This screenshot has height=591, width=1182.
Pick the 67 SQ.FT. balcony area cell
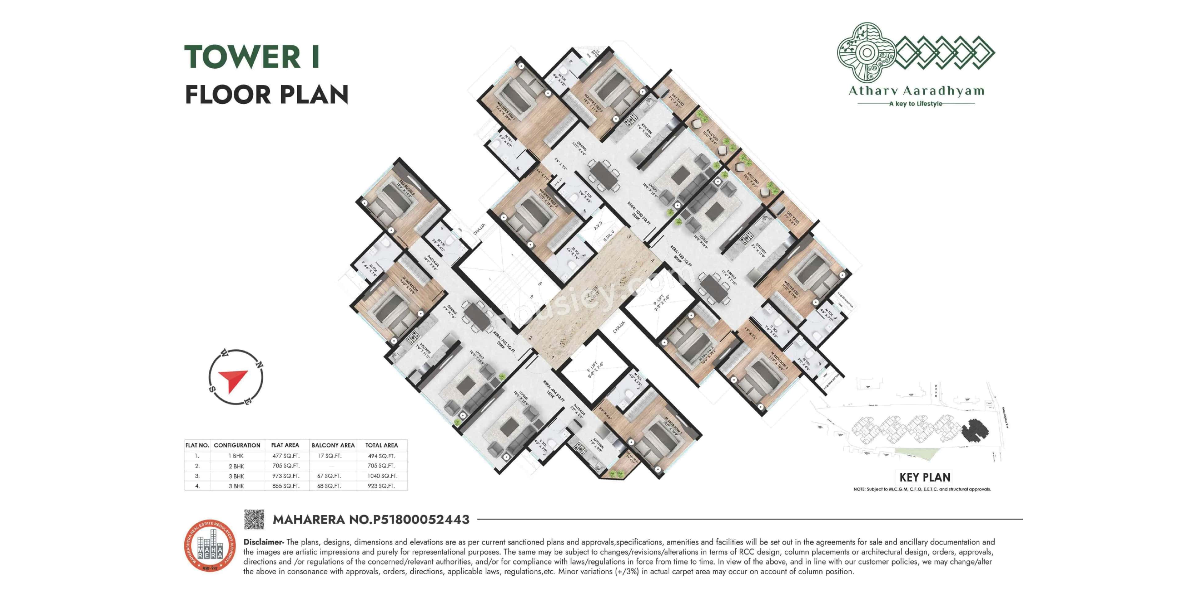[x=329, y=476]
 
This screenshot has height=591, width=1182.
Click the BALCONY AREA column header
[x=333, y=445]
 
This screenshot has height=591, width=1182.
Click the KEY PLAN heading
[x=925, y=477]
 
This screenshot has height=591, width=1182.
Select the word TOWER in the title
[x=242, y=57]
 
